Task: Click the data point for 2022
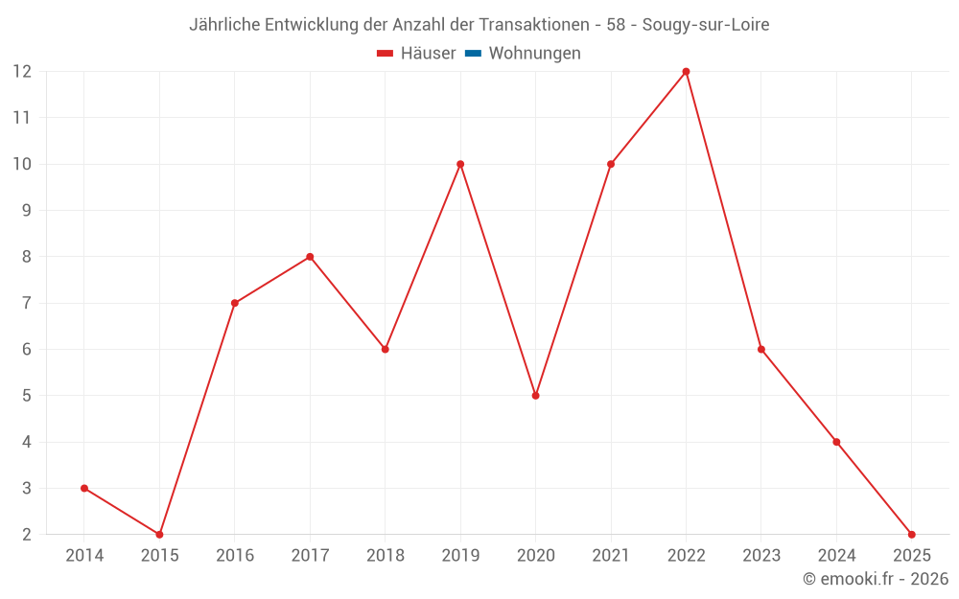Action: pyautogui.click(x=686, y=72)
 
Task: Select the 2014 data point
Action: pyautogui.click(x=84, y=488)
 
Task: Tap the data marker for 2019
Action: pyautogui.click(x=460, y=164)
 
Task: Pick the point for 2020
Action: pyautogui.click(x=535, y=396)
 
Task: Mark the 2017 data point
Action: pyautogui.click(x=310, y=257)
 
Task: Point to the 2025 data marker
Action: pyautogui.click(x=911, y=534)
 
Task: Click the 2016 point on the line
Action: pyautogui.click(x=235, y=303)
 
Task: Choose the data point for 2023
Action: pyautogui.click(x=761, y=349)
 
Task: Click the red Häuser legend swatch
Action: pyautogui.click(x=386, y=54)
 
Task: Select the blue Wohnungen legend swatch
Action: pyautogui.click(x=473, y=54)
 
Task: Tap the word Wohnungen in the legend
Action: pyautogui.click(x=534, y=54)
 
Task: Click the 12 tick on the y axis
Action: pyautogui.click(x=22, y=72)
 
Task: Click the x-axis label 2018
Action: pyautogui.click(x=385, y=556)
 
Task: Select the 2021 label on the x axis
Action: pyautogui.click(x=611, y=556)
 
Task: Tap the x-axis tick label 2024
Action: pyautogui.click(x=836, y=556)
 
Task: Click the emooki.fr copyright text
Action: pyautogui.click(x=876, y=579)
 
